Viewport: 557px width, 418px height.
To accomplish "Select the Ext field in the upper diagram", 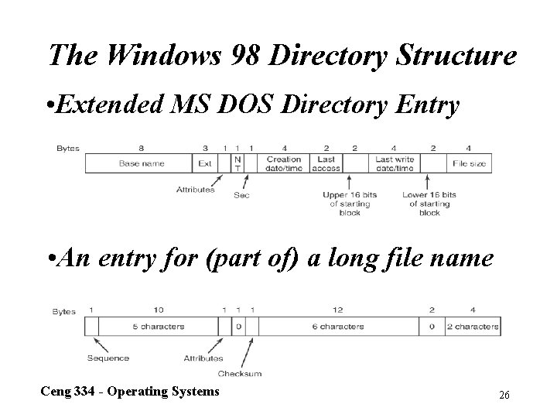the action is pos(204,163).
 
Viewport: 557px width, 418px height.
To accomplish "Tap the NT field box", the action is pos(237,163).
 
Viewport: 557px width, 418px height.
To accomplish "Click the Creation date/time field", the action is pos(284,163).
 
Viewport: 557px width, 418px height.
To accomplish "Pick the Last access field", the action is pos(326,163).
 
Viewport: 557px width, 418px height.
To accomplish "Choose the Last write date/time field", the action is pos(394,163).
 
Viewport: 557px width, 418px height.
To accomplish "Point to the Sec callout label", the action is pos(241,195).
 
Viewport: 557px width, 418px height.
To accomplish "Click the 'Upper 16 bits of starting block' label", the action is pos(347,204).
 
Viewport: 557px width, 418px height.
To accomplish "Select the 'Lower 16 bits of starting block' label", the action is pos(429,204).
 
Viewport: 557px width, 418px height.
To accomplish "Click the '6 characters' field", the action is pos(337,327).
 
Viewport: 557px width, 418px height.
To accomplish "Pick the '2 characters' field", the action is pos(473,327).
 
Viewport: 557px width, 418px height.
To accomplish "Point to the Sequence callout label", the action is pos(108,358).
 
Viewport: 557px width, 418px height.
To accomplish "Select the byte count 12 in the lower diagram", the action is pos(337,310).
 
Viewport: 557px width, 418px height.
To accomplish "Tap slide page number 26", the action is pos(504,395).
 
